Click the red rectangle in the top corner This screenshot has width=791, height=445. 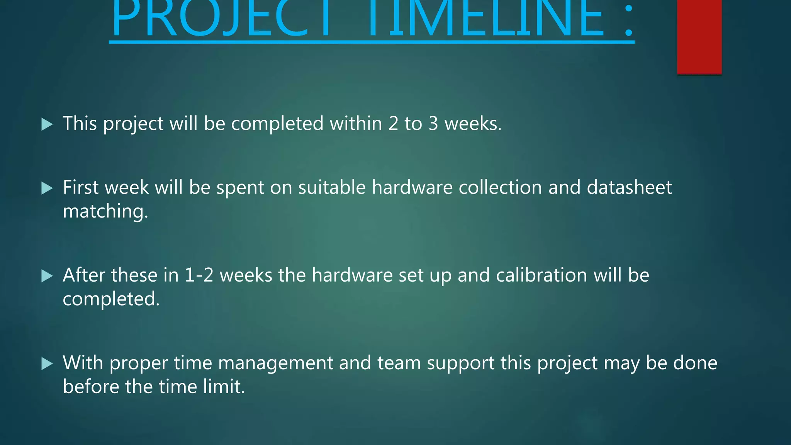[x=699, y=37]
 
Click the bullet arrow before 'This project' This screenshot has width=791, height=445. [x=47, y=124]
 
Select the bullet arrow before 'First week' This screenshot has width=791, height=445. [x=47, y=189]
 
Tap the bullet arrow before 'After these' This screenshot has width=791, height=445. [x=47, y=276]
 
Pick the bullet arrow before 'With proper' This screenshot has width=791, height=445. [x=47, y=363]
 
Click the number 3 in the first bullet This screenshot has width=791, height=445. [x=433, y=124]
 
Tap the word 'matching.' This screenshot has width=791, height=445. [x=105, y=212]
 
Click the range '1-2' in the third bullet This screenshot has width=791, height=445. [x=199, y=275]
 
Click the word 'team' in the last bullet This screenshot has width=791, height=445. [x=399, y=363]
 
